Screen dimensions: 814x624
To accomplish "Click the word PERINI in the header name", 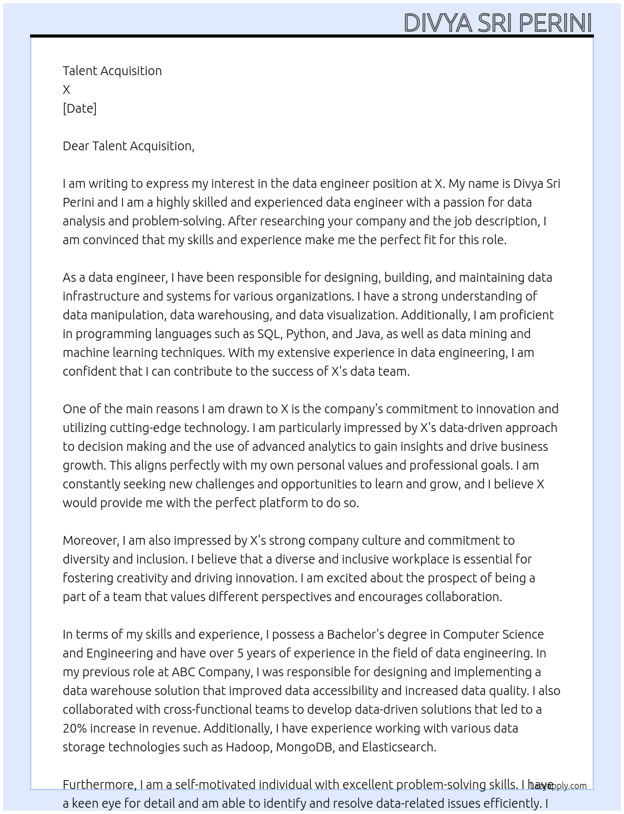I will tap(555, 23).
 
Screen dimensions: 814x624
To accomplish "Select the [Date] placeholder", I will tap(80, 108).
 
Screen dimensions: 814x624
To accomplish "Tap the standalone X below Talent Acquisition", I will tap(66, 90).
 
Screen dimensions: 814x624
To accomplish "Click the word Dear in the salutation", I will tap(75, 146).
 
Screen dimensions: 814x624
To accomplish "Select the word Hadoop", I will tap(248, 747).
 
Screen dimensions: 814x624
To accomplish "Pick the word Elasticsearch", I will tap(398, 747).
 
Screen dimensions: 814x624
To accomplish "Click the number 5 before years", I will tap(241, 653).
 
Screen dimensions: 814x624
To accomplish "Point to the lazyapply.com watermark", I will tap(558, 786).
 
